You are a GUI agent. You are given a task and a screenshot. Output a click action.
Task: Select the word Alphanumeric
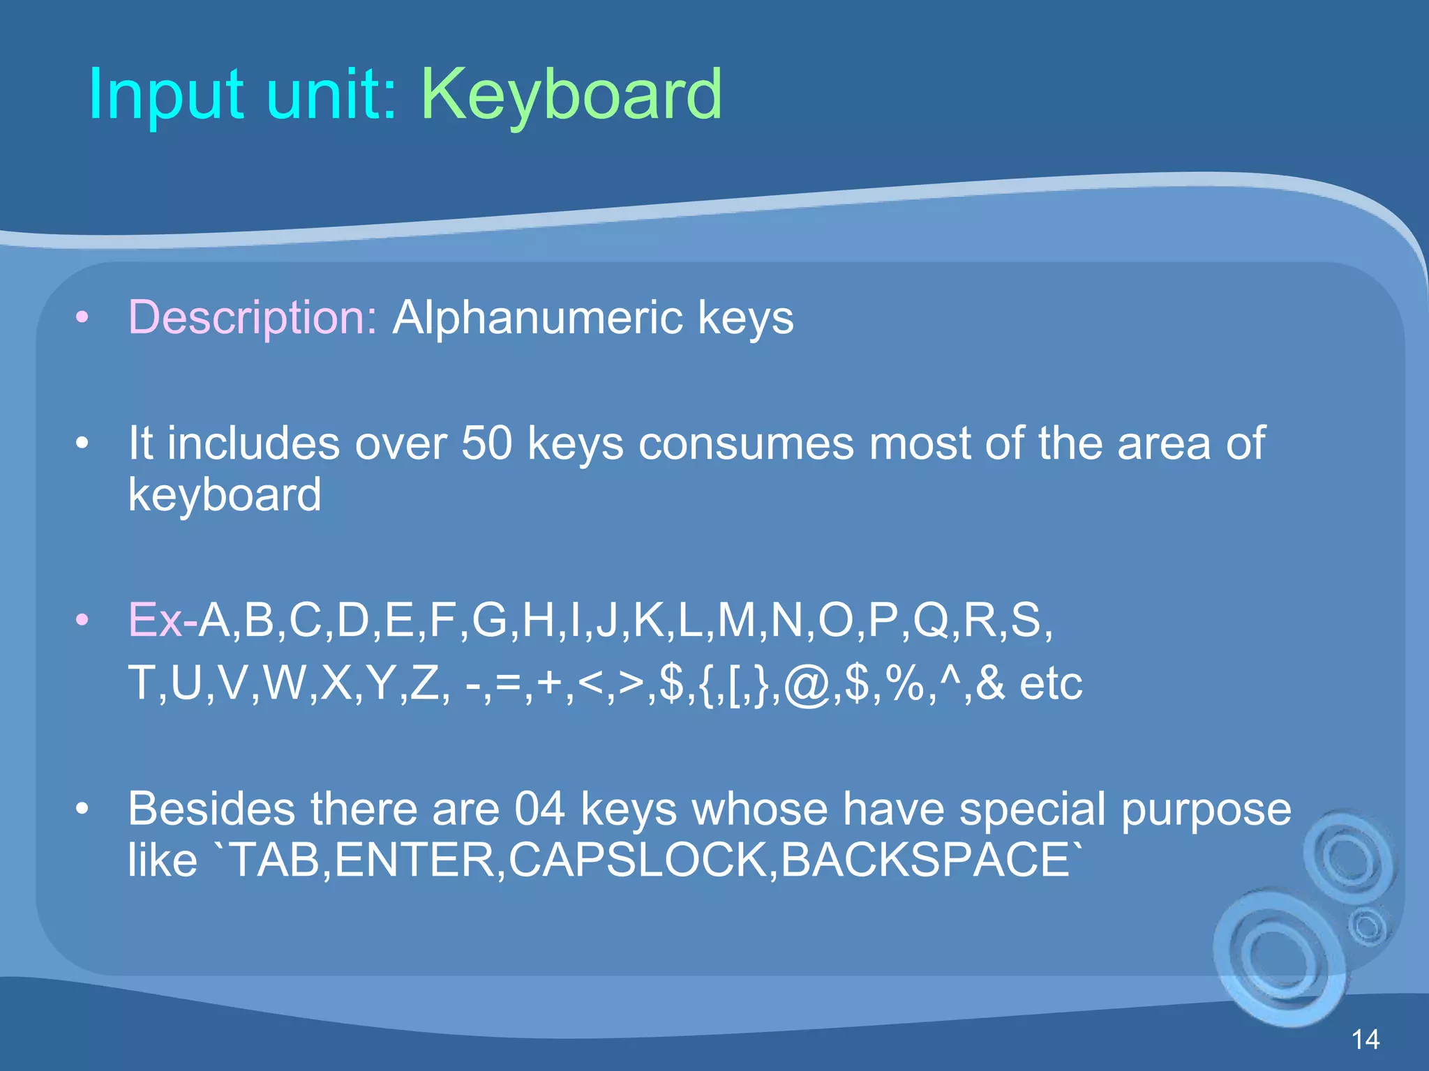pyautogui.click(x=537, y=318)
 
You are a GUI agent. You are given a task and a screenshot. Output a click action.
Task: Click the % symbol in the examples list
pyautogui.click(x=906, y=683)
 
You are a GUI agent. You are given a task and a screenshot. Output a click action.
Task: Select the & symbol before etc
pyautogui.click(x=990, y=683)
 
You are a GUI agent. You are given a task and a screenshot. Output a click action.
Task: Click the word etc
pyautogui.click(x=1051, y=684)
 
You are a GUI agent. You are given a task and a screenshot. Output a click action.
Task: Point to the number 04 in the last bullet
pyautogui.click(x=539, y=809)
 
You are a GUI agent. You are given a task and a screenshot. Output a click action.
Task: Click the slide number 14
pyautogui.click(x=1366, y=1040)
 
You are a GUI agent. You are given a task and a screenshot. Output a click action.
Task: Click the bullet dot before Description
pyautogui.click(x=82, y=319)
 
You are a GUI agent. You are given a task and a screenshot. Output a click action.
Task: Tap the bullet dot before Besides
pyautogui.click(x=82, y=809)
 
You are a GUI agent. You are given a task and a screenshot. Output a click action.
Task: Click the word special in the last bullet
pyautogui.click(x=1033, y=809)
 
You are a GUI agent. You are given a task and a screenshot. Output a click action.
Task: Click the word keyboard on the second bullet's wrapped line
pyautogui.click(x=225, y=494)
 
